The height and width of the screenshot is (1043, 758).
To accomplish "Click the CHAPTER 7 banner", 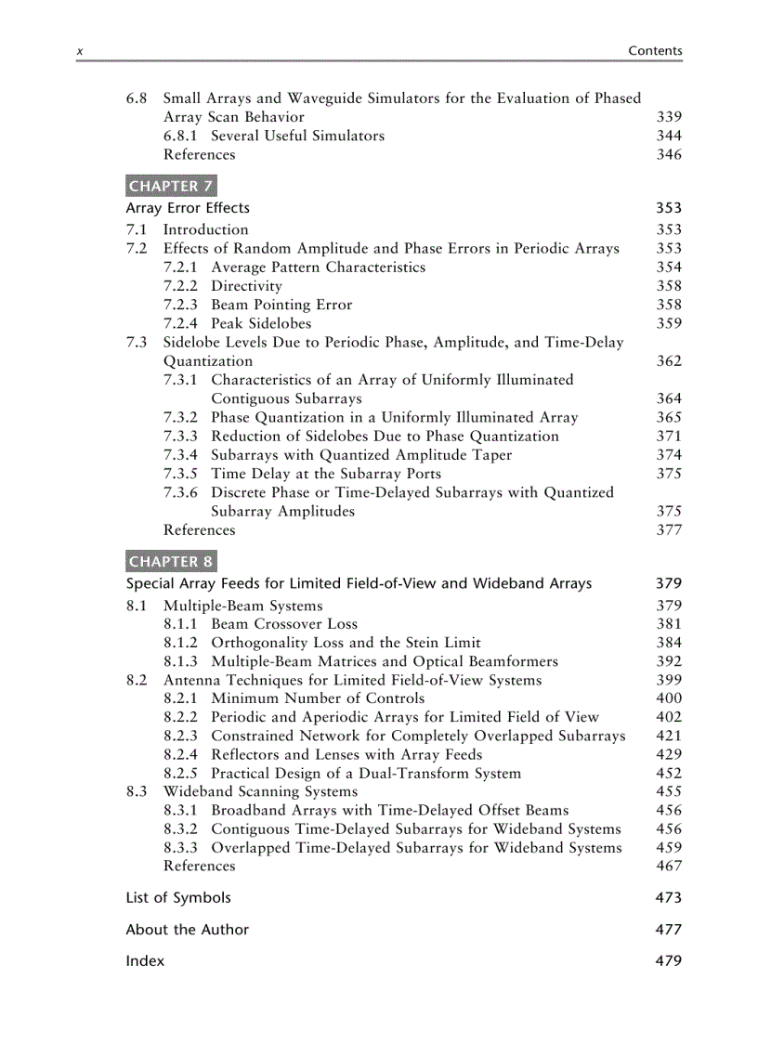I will pyautogui.click(x=170, y=186).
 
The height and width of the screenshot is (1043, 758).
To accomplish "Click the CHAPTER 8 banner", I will pyautogui.click(x=170, y=561).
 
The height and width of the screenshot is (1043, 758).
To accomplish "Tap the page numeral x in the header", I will pyautogui.click(x=79, y=52).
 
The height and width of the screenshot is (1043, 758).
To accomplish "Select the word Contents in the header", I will pyautogui.click(x=655, y=51).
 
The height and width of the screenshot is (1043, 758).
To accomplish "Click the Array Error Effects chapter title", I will pyautogui.click(x=188, y=208).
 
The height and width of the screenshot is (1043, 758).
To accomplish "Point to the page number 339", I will pyautogui.click(x=668, y=117).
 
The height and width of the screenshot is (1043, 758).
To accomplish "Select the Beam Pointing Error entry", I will pyautogui.click(x=281, y=305).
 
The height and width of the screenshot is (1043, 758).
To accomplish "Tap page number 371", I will pyautogui.click(x=668, y=437).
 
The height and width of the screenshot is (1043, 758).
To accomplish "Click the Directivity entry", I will pyautogui.click(x=246, y=286).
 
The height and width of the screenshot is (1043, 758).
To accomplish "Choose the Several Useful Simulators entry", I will pyautogui.click(x=297, y=136).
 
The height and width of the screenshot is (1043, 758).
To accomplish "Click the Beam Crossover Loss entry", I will pyautogui.click(x=284, y=624).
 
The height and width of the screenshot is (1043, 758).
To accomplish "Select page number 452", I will pyautogui.click(x=668, y=773).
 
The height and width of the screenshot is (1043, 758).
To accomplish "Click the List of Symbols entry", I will pyautogui.click(x=178, y=898).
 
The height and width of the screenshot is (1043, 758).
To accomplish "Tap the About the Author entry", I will pyautogui.click(x=187, y=930).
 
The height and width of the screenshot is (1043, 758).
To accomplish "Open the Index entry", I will pyautogui.click(x=145, y=961).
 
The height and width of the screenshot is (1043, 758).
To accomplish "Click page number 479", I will pyautogui.click(x=668, y=961).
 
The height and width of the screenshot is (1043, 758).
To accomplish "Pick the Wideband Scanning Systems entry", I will pyautogui.click(x=260, y=791).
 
